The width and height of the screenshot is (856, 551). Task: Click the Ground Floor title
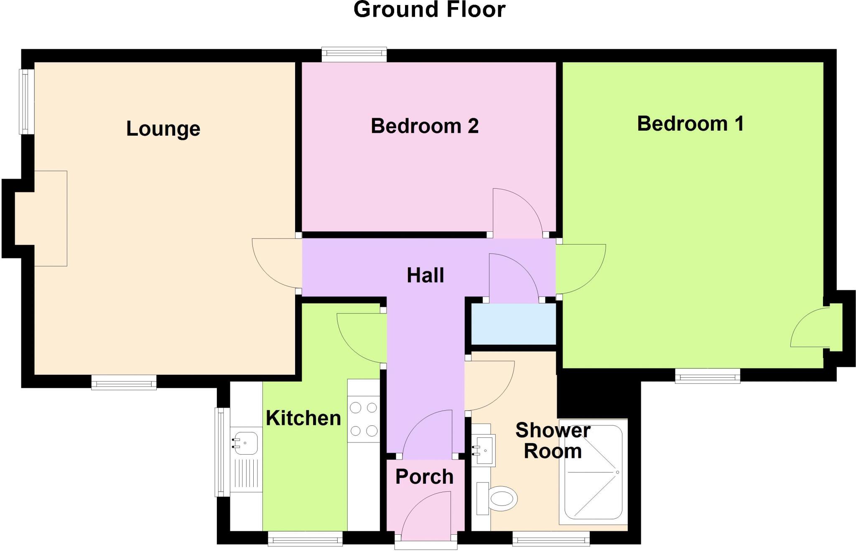coord(429,10)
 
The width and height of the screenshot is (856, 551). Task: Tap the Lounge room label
coord(163,129)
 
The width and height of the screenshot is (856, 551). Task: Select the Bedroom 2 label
coord(424,126)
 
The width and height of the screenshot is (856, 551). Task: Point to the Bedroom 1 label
coord(690,124)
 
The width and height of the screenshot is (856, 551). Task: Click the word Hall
coord(425,275)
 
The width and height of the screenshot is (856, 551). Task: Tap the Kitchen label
coord(303,418)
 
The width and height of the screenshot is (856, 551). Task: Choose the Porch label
coord(424,477)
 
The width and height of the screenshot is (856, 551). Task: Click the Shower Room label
coord(553,441)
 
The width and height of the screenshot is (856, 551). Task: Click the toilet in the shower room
coord(500,498)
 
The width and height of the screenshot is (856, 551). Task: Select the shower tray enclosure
coord(594,472)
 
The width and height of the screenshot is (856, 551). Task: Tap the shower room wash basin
coord(484,450)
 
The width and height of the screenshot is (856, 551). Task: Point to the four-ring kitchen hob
coord(364,419)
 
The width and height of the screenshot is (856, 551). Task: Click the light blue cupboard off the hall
coord(513,324)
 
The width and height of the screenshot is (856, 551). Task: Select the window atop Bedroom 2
coord(354,54)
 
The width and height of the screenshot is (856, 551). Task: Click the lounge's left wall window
coord(26,101)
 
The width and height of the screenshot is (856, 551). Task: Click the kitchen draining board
coord(246,474)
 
